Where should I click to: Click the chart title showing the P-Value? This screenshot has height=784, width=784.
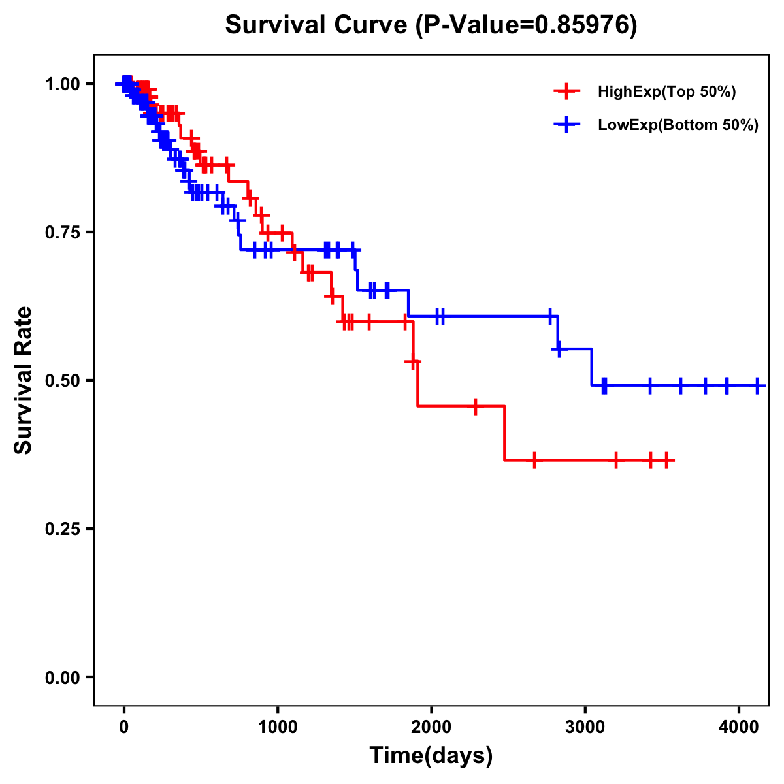click(431, 25)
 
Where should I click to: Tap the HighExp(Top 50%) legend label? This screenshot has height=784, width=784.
click(667, 92)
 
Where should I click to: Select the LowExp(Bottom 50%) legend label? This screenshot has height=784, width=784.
click(678, 125)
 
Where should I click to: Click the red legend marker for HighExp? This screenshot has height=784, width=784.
click(566, 91)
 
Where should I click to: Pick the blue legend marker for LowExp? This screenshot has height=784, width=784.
click(566, 124)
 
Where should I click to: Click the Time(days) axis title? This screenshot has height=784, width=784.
click(431, 756)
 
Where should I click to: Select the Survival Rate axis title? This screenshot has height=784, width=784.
click(24, 380)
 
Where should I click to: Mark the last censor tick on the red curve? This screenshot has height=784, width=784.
click(666, 461)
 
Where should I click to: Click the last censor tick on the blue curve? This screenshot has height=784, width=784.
click(757, 385)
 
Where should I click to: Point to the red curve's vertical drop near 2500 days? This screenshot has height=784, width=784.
click(505, 433)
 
